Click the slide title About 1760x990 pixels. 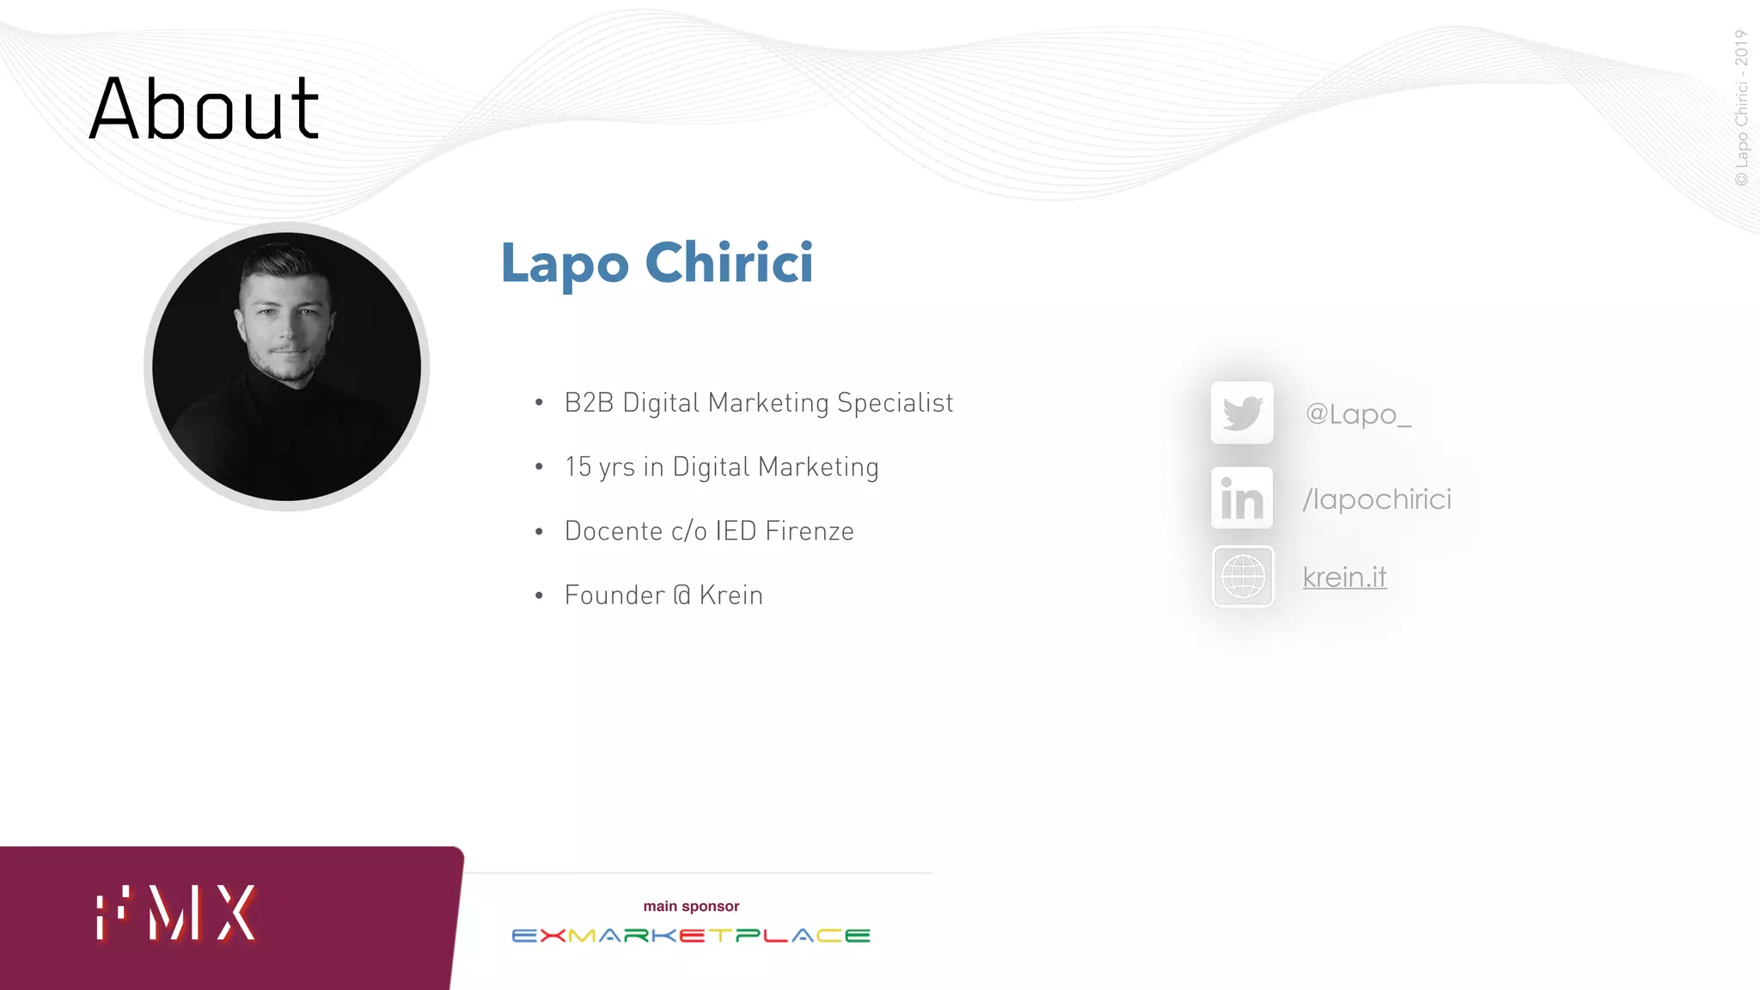[x=205, y=109]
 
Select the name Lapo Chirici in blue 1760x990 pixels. [x=657, y=263]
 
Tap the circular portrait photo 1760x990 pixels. [x=287, y=367]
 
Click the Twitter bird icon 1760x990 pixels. [x=1242, y=413]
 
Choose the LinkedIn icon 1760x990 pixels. [x=1242, y=498]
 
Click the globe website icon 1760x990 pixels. [x=1243, y=577]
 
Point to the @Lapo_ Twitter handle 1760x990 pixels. [x=1358, y=414]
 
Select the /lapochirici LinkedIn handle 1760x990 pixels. [x=1377, y=499]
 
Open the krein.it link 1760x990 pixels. [x=1344, y=577]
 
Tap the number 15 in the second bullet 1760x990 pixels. [x=578, y=467]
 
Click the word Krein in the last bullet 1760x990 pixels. [x=730, y=596]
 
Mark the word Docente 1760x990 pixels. [x=614, y=531]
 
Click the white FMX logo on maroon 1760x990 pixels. [x=176, y=913]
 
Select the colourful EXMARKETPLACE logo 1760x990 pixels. [x=691, y=936]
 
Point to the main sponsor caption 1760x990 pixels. [x=691, y=907]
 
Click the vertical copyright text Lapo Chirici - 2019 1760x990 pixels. [x=1741, y=107]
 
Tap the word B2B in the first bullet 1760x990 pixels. [x=589, y=403]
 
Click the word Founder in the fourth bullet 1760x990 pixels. [x=614, y=596]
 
